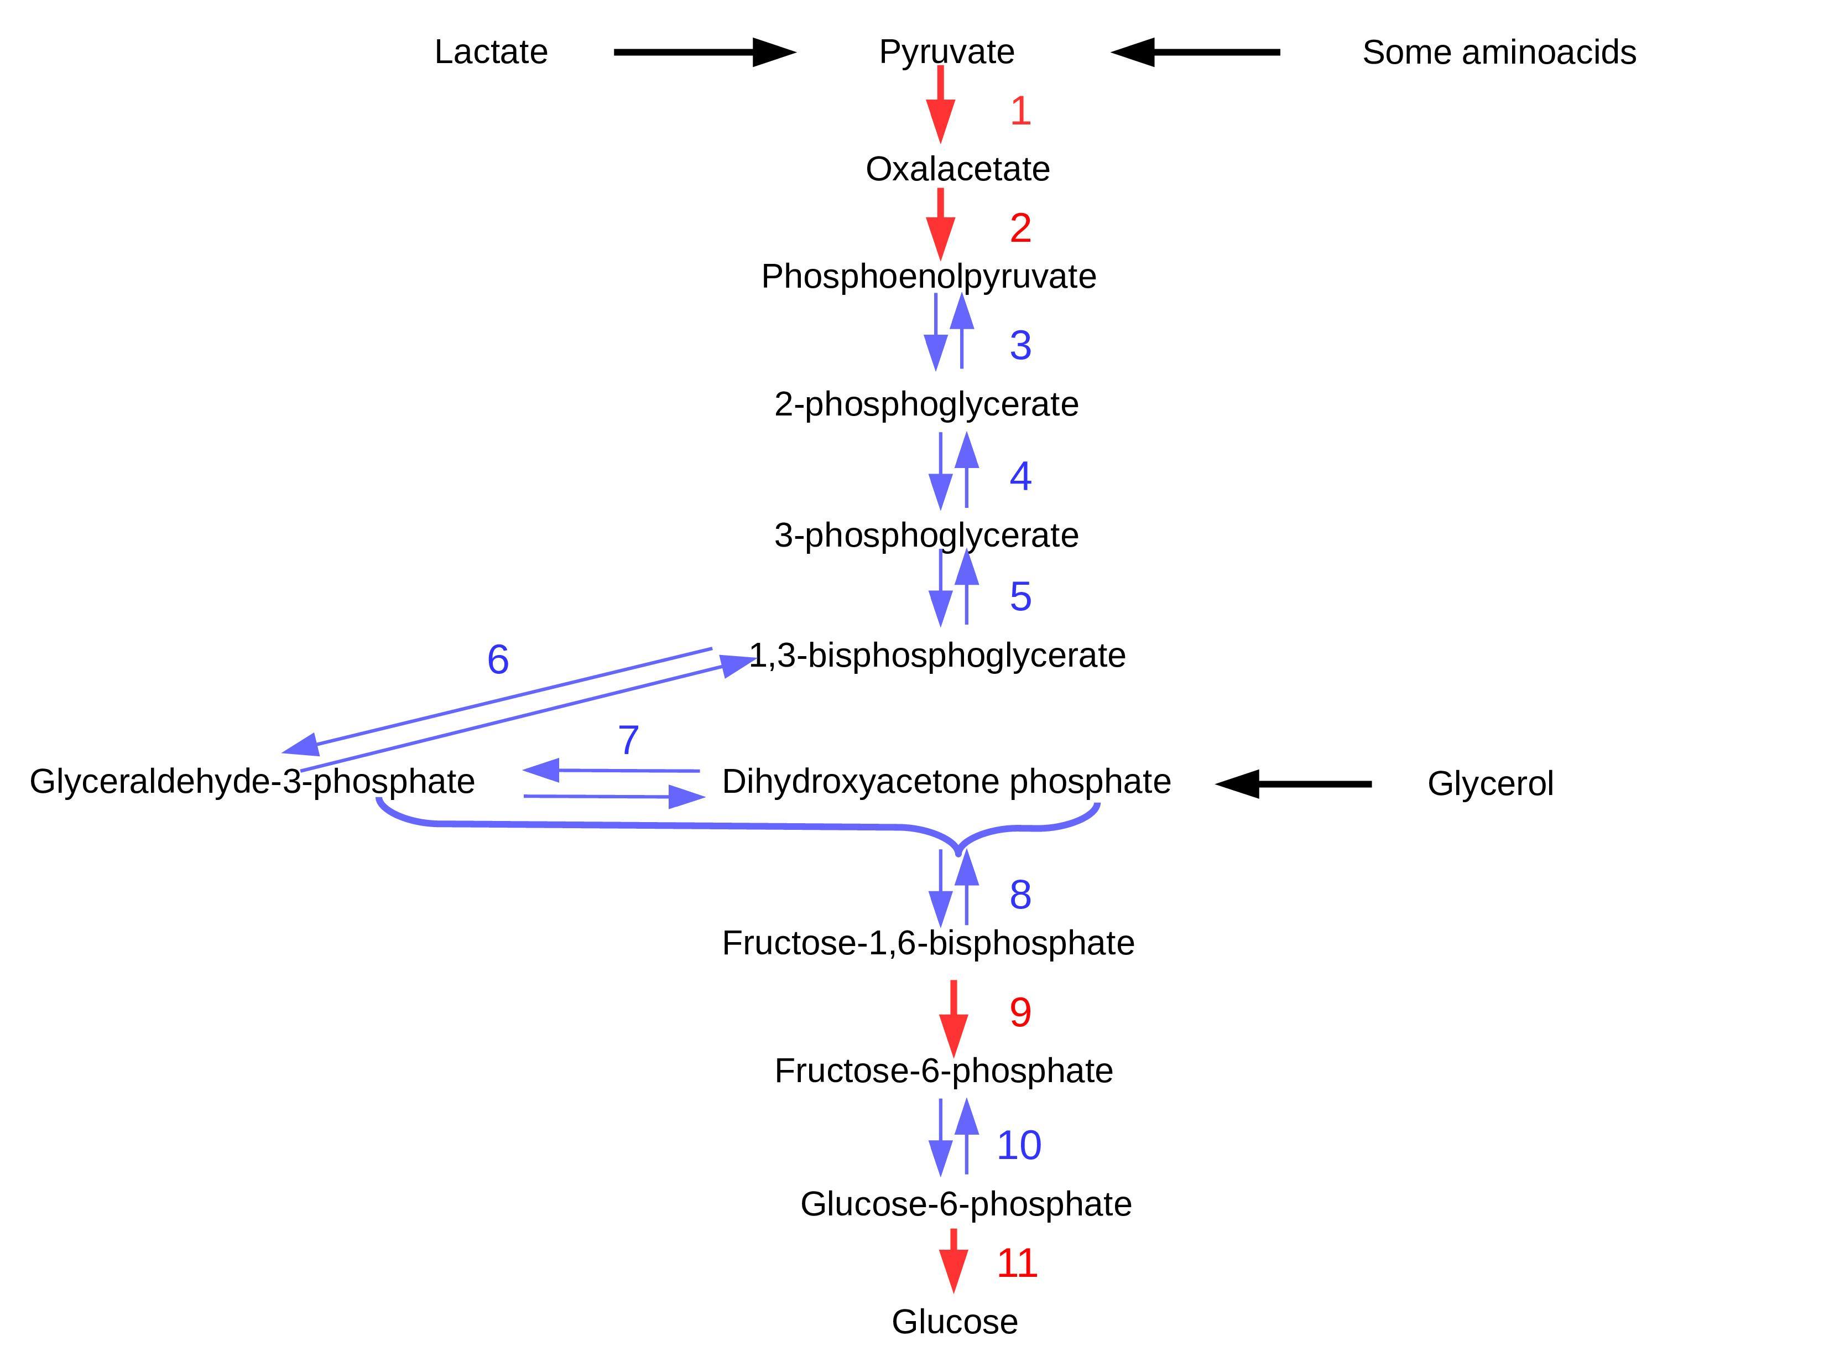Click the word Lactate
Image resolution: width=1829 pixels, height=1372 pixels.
[491, 52]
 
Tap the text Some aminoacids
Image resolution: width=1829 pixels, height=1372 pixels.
[1498, 52]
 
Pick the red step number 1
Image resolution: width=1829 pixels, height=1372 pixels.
[1020, 111]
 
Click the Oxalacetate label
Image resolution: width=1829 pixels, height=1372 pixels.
[957, 169]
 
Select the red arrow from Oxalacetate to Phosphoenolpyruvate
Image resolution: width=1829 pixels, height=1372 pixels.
[940, 225]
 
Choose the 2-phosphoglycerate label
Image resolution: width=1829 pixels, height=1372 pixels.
[926, 404]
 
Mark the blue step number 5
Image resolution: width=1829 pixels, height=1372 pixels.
[1020, 596]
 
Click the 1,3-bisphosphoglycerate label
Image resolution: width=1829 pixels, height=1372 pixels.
[937, 656]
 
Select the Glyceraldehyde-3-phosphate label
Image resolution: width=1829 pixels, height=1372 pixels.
[252, 782]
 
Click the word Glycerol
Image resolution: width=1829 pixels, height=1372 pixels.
[1490, 783]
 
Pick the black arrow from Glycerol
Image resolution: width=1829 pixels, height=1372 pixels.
[1294, 783]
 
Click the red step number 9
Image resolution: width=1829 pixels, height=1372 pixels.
[1020, 1012]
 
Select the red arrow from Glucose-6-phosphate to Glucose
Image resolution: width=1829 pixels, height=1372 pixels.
[953, 1260]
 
